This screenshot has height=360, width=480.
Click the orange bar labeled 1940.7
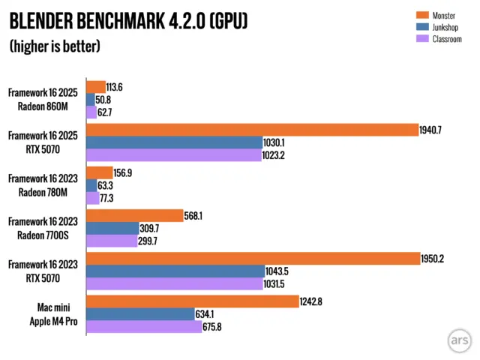252,130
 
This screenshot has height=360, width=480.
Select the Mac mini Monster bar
193,301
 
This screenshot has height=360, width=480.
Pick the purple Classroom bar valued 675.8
144,327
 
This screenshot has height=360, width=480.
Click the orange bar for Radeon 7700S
135,216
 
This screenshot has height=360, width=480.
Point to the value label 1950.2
436,259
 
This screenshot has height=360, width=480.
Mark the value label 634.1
211,314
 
